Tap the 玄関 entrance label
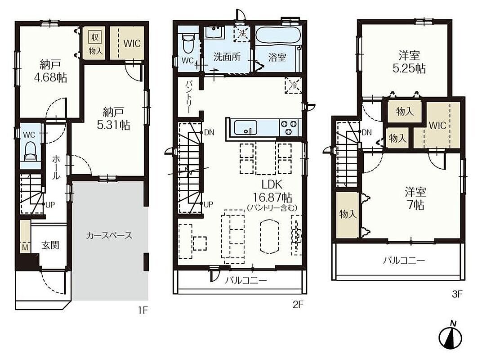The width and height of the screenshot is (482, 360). tap(50, 246)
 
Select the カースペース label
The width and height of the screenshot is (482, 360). tap(109, 236)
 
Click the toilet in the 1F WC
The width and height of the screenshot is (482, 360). tap(30, 151)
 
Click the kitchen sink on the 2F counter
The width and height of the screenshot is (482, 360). tap(245, 127)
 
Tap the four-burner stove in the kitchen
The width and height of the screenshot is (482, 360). tap(289, 127)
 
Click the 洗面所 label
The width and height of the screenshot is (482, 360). tap(227, 57)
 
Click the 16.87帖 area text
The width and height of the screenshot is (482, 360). tap(272, 197)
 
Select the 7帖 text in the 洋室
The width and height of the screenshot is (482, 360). tap(415, 205)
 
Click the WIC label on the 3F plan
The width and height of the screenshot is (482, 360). tap(437, 125)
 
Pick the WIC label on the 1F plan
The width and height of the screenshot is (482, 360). tap(132, 43)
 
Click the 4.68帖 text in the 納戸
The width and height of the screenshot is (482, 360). tap(50, 77)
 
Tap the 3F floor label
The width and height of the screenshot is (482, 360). tap(457, 294)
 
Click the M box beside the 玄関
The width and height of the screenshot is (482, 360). tap(26, 247)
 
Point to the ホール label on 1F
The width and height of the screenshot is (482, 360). tap(56, 167)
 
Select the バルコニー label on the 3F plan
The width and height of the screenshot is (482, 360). tap(404, 261)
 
